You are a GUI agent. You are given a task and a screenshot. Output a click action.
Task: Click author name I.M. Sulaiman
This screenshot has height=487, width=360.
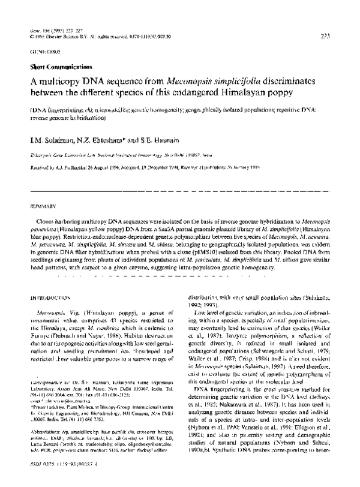(52, 139)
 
